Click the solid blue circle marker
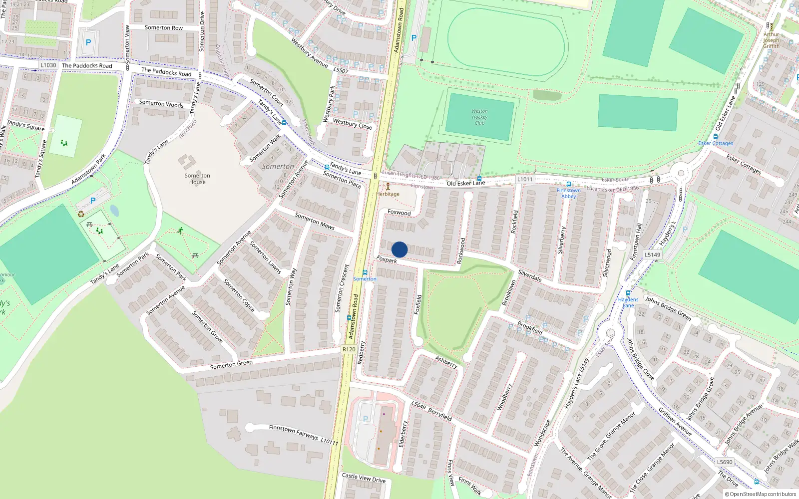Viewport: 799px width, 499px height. [399, 249]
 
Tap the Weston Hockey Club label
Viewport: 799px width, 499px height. [479, 117]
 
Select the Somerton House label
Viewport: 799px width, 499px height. [197, 179]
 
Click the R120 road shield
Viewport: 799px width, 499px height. [349, 349]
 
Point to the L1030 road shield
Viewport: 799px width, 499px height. [48, 65]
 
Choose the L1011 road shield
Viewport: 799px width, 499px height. [525, 179]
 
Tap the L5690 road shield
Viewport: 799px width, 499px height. [725, 462]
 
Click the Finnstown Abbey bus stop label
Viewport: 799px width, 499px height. [569, 193]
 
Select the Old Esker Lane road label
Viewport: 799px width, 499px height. [465, 183]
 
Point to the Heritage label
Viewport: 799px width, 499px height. [388, 194]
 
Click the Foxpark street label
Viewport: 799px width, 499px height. [387, 259]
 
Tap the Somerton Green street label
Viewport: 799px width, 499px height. [231, 365]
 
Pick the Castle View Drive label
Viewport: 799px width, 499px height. [364, 478]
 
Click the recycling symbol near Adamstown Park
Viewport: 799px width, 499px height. [81, 215]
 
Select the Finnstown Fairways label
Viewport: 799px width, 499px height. [294, 432]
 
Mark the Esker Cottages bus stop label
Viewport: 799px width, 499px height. [716, 143]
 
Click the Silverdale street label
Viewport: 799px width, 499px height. [530, 275]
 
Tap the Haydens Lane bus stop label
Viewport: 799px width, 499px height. [628, 302]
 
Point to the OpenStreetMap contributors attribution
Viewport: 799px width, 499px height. [761, 494]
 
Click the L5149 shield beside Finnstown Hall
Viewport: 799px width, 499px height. [652, 254]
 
